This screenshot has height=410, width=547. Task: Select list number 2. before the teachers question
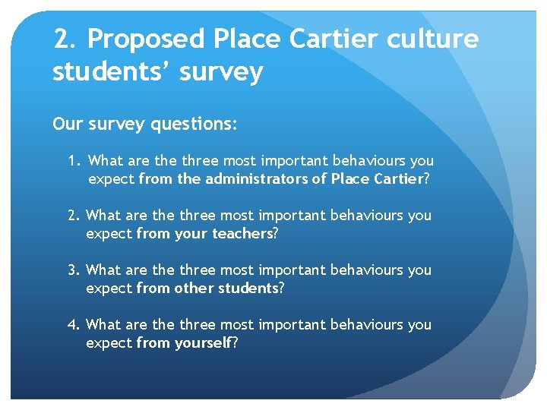click(x=74, y=216)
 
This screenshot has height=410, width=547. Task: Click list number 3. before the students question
click(x=74, y=270)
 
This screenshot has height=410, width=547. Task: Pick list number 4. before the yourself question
click(x=74, y=325)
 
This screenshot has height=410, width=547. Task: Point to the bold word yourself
click(x=203, y=343)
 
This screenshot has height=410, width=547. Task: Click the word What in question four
click(x=103, y=325)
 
